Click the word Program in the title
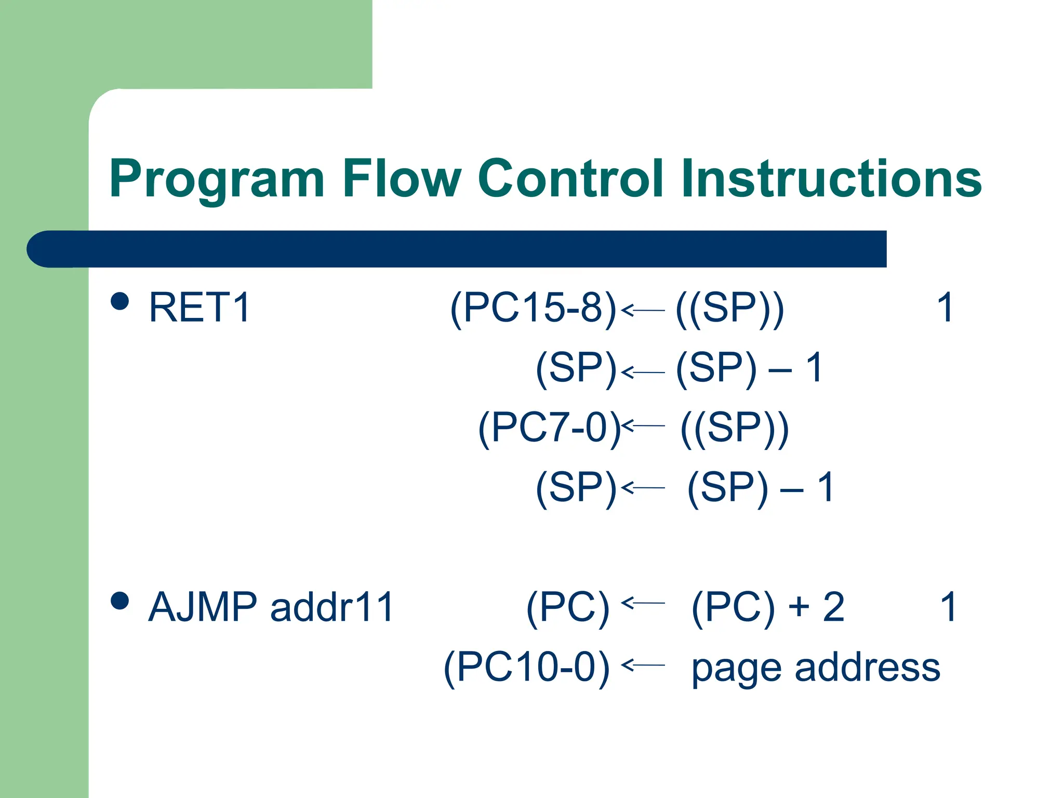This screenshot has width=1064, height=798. tap(217, 179)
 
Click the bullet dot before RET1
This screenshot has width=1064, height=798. tap(120, 301)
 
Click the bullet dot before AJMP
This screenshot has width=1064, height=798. tap(120, 601)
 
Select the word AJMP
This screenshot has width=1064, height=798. tap(203, 607)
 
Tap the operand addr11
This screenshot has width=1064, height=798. tap(332, 607)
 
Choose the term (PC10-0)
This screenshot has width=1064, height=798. tap(526, 667)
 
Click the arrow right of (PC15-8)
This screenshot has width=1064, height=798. tap(643, 310)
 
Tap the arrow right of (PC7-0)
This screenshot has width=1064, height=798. tap(643, 425)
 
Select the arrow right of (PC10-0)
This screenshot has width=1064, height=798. tap(643, 664)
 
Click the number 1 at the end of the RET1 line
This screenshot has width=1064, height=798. tap(945, 308)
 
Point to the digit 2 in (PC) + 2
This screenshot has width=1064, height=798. tap(834, 607)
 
